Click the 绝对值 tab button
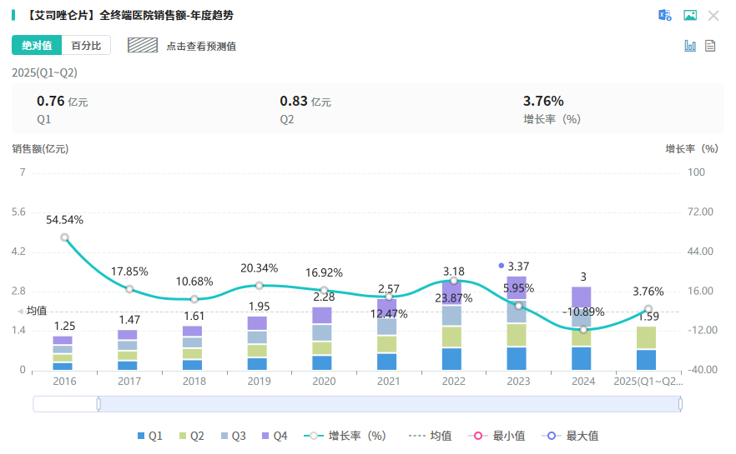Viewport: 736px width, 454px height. (37, 46)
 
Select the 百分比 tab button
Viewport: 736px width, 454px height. (86, 46)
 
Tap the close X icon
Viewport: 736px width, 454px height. (713, 16)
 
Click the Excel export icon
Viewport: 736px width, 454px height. (665, 16)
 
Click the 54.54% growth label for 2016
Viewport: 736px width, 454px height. (64, 220)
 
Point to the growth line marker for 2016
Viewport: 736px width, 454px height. (64, 237)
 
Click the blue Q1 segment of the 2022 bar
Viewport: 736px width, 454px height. (453, 359)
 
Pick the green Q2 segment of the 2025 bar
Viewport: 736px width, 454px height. (648, 337)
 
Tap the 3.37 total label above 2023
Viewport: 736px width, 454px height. (518, 266)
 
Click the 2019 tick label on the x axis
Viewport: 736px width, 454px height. (259, 381)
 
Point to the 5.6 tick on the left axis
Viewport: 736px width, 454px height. (18, 212)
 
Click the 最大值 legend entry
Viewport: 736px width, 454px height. (572, 436)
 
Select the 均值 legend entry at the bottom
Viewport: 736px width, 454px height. (431, 436)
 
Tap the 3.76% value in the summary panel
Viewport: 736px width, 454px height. (543, 101)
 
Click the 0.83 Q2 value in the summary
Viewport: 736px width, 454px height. (294, 101)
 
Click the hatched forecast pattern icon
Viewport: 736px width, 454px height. (143, 46)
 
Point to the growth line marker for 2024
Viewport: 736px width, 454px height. (583, 329)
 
